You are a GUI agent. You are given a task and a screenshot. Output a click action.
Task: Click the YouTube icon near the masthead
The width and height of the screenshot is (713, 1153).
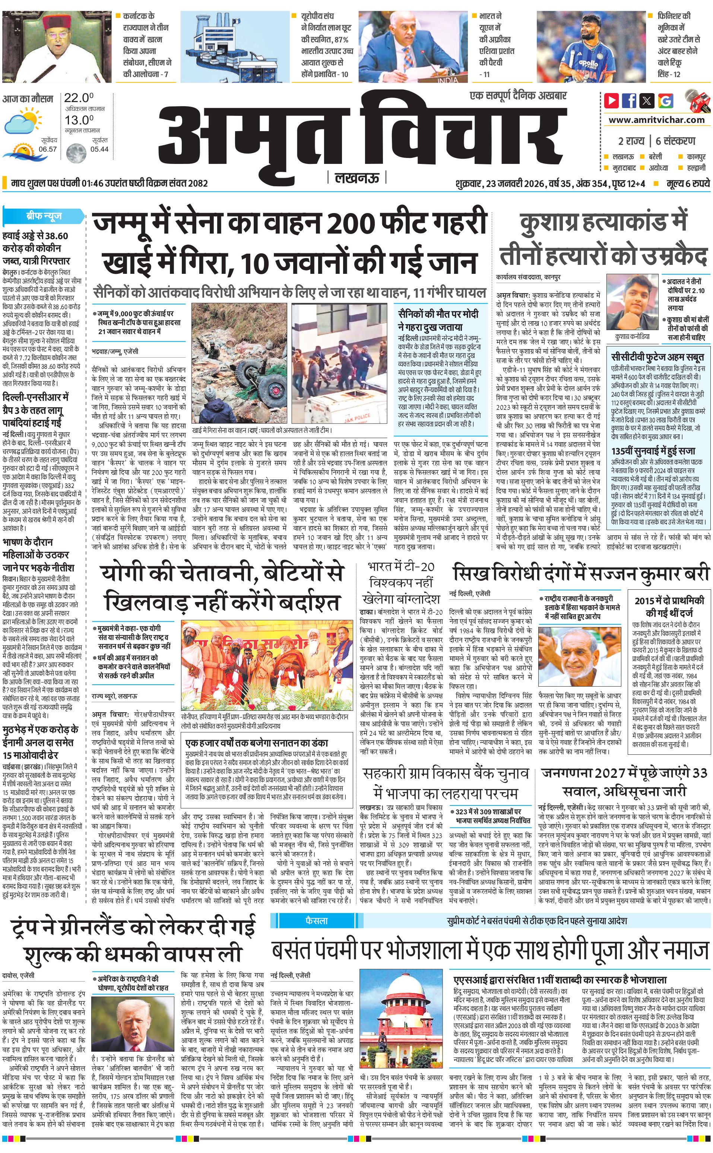click(612, 101)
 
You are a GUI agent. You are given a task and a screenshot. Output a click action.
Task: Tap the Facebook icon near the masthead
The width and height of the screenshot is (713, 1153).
click(629, 101)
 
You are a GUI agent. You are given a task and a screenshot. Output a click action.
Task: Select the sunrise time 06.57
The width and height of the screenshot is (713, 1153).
click(48, 149)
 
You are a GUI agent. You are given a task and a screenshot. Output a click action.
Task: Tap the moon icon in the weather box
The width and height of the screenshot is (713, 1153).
click(76, 152)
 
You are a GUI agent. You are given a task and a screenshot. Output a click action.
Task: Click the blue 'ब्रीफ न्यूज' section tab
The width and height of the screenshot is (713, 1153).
click(44, 216)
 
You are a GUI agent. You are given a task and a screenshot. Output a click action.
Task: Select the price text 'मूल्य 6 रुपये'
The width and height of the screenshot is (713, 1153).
click(688, 183)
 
